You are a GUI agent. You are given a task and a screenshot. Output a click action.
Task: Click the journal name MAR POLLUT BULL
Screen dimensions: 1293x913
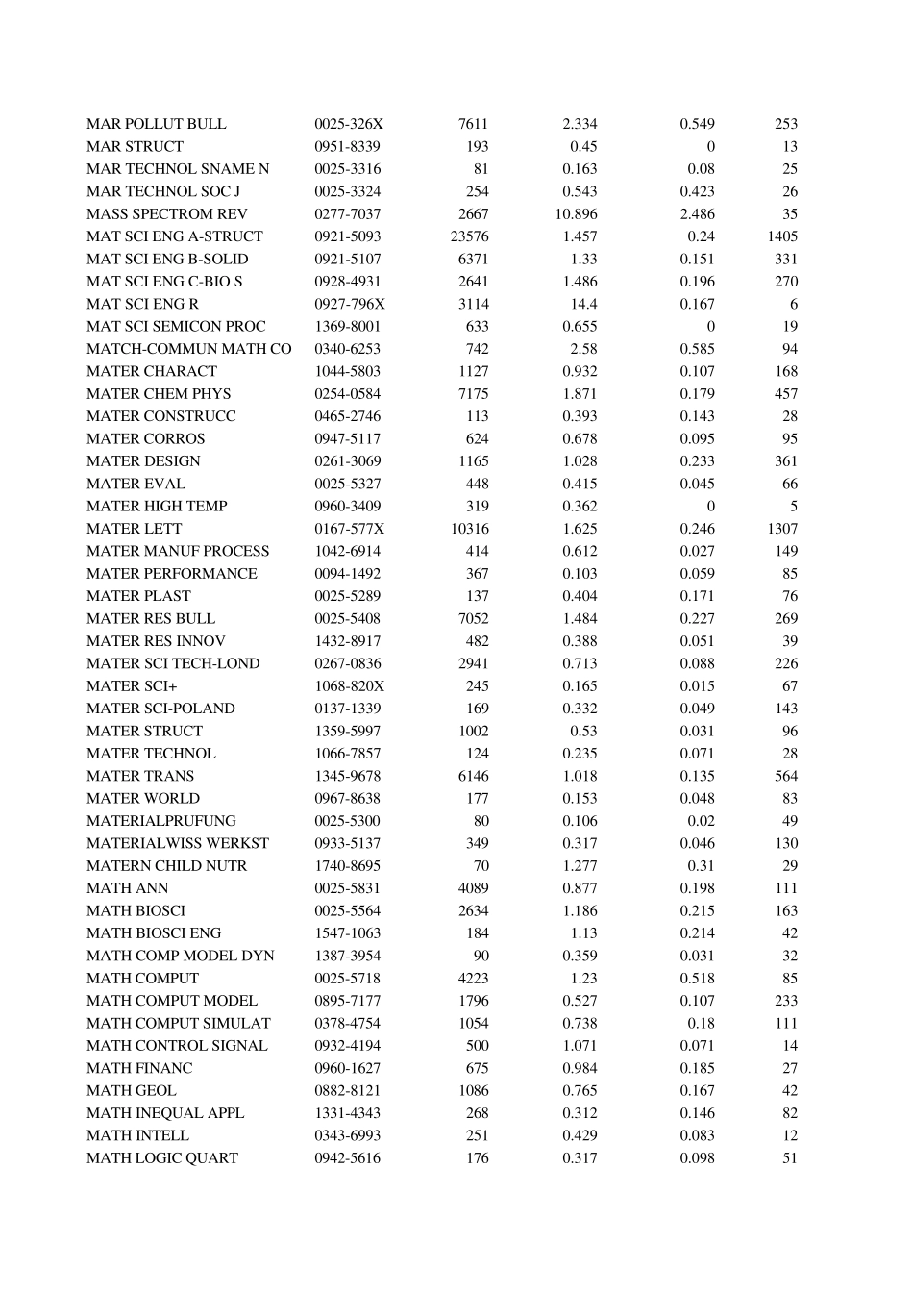pos(156,124)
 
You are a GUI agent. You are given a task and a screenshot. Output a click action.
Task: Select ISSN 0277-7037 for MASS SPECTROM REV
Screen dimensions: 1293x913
pos(347,214)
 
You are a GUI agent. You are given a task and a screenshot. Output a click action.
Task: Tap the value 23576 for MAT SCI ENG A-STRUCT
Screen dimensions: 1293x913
pos(469,236)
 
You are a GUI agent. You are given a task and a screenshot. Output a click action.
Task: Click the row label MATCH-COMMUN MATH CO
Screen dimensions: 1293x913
pos(188,349)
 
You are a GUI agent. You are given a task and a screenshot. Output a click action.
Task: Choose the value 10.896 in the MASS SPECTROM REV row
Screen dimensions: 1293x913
pos(576,214)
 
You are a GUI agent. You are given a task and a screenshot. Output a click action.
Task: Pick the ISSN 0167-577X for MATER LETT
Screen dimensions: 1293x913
pos(349,529)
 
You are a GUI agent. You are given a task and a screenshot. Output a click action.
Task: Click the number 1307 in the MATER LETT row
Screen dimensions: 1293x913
pos(782,529)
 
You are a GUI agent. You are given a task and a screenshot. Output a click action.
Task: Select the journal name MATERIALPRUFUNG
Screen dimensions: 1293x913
pos(160,821)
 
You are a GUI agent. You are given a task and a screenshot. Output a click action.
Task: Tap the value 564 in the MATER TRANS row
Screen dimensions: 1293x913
pos(786,776)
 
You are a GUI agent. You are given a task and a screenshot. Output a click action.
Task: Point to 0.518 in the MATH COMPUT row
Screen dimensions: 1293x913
pos(697,979)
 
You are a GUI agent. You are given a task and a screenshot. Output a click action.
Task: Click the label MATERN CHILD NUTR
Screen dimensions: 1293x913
pos(166,866)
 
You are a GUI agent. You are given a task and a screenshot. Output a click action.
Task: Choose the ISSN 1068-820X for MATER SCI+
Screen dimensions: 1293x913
pos(349,686)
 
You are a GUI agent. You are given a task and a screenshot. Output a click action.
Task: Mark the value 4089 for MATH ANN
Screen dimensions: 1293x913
pos(473,888)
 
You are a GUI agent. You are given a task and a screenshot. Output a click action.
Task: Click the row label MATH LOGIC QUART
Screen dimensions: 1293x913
pos(161,1158)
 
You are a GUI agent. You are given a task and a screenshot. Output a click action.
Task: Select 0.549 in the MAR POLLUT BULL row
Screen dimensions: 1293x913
pos(697,124)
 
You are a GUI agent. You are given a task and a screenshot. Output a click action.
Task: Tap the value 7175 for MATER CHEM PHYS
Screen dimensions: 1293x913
pos(473,394)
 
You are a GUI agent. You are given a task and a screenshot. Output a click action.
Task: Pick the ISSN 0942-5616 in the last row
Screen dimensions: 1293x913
pos(347,1158)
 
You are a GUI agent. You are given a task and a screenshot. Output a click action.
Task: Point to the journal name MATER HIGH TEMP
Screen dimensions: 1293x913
pos(157,507)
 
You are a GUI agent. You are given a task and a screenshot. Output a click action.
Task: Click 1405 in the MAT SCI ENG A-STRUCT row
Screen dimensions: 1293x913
pos(782,236)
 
